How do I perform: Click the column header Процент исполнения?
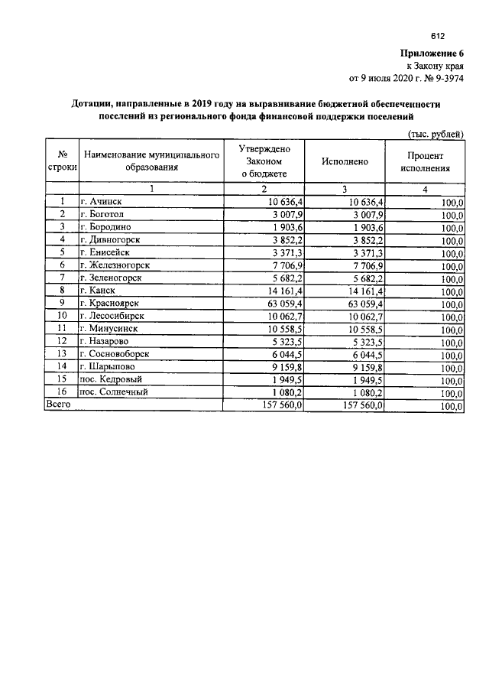click(426, 161)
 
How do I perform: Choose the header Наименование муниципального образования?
click(151, 161)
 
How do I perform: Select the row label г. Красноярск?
click(111, 303)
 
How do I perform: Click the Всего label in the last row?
click(59, 404)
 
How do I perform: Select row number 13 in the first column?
click(63, 354)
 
